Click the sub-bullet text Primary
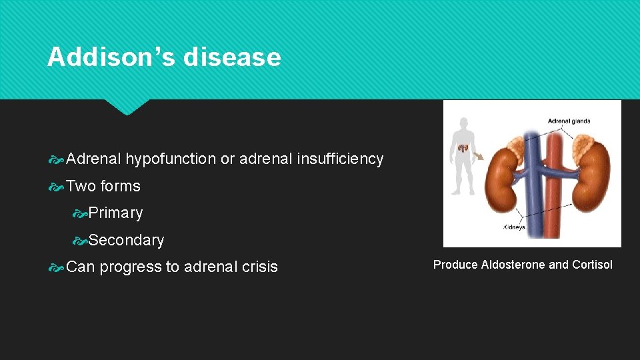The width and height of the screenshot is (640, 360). pos(115,213)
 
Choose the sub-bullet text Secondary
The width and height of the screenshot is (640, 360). pos(126,240)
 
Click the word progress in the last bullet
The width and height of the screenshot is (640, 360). pos(130,267)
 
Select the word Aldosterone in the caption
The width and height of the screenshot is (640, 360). pos(513,265)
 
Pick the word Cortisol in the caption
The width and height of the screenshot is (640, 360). pos(592,265)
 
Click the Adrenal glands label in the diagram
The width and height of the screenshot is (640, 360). pos(568,121)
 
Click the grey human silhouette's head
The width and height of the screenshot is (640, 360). pos(463,124)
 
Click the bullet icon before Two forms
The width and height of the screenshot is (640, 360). pos(57,187)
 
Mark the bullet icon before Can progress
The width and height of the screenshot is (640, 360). pos(57,267)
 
